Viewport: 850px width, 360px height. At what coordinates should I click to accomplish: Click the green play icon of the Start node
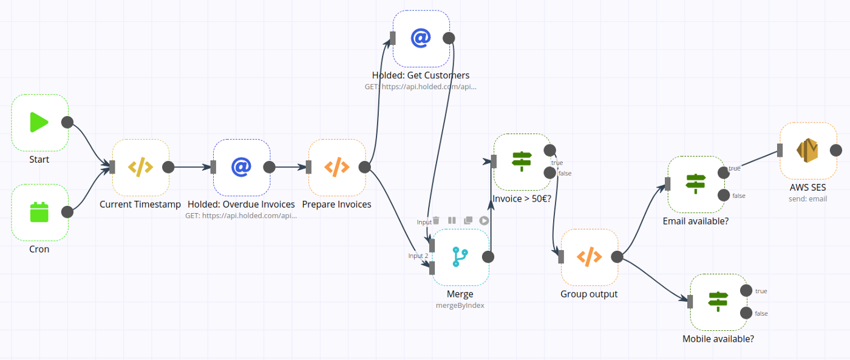coord(39,123)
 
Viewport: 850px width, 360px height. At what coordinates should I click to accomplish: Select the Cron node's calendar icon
coord(39,212)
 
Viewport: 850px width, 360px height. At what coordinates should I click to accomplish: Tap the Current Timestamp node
coord(140,168)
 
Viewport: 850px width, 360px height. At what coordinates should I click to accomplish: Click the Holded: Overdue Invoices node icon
coord(241,168)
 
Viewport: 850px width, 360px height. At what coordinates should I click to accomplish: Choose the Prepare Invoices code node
coord(337,168)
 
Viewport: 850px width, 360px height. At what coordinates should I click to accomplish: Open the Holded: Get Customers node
coord(421,38)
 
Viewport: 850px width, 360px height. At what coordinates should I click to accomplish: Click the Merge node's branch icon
coord(460,257)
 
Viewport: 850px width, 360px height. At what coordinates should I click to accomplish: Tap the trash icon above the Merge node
coord(436,220)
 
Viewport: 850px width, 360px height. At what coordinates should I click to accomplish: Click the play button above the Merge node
coord(484,220)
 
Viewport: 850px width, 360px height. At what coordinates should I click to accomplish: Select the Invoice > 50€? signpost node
coord(522,161)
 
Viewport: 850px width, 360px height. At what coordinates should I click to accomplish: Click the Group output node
coord(589,257)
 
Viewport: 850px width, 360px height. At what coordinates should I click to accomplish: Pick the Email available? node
coord(696,184)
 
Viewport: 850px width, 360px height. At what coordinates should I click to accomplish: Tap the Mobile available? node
coord(718,302)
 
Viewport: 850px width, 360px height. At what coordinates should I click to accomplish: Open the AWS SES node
coord(808,151)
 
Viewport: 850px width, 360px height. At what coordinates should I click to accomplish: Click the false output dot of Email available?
coord(723,195)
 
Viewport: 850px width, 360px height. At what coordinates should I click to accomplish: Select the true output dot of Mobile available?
coord(746,291)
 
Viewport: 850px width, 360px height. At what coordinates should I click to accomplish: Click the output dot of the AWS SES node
coord(836,151)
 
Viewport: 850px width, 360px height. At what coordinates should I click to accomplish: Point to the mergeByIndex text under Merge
coord(460,305)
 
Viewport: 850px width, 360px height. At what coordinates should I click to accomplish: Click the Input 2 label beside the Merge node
coord(418,256)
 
